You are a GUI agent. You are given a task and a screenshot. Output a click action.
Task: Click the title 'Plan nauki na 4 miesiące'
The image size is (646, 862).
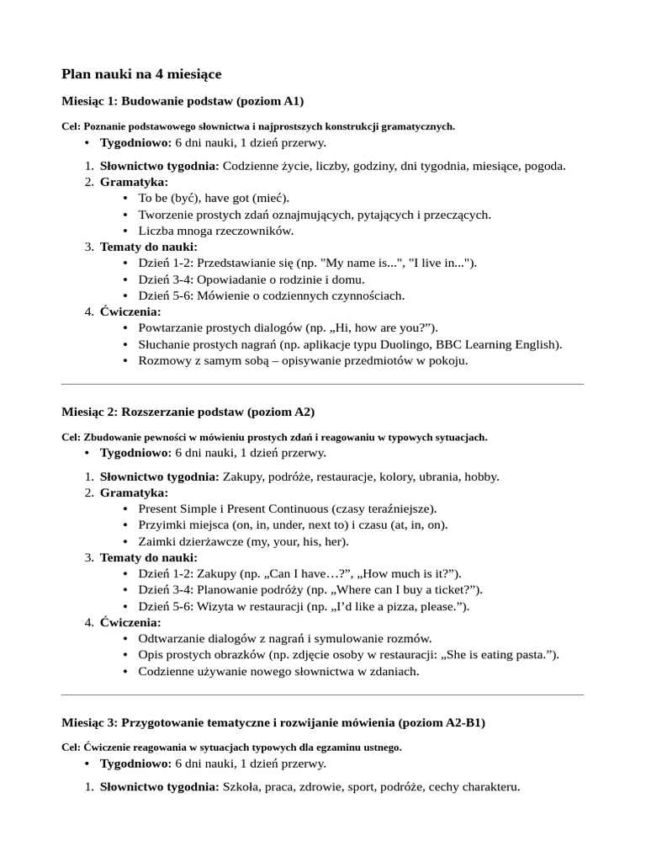tap(141, 75)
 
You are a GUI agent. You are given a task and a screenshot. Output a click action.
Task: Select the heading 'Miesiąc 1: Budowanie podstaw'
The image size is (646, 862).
tap(183, 101)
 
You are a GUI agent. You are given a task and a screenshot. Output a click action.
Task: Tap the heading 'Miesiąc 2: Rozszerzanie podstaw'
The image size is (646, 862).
tap(188, 412)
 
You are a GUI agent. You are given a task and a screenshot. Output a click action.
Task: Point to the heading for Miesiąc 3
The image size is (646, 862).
tap(273, 722)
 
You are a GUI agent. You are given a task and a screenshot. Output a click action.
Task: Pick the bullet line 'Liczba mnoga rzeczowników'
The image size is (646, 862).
tap(216, 231)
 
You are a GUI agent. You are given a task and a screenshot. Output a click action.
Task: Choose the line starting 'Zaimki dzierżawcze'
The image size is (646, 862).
tap(243, 541)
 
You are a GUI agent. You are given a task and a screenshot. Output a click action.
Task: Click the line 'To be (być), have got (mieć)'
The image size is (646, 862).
tap(213, 198)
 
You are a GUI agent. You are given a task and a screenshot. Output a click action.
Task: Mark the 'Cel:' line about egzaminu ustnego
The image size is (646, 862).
tap(231, 747)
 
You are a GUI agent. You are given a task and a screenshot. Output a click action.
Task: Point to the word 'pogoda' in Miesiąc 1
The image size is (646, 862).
tap(544, 166)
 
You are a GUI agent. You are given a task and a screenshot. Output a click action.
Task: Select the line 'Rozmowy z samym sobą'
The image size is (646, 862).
tap(303, 360)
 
